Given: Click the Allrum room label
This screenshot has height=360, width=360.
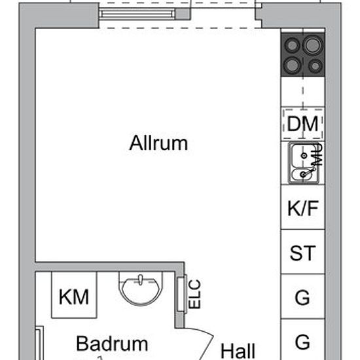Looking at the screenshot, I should pos(158,143).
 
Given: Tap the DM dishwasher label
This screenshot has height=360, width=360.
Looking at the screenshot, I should pos(302,123).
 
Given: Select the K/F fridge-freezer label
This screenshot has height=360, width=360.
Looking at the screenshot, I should pos(302,209).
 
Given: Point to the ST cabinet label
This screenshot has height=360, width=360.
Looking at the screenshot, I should pos(302,253).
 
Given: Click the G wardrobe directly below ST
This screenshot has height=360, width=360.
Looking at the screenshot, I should pos(302,298).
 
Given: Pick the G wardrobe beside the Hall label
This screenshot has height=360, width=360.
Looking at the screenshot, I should pos(302,342).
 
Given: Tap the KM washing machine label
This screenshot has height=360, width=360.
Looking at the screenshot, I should pos(74,298).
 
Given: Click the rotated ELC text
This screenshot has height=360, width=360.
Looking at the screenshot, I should pos(194,295).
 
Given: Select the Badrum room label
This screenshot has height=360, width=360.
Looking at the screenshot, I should pos(112,344).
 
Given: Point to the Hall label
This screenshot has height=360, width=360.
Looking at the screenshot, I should pos(238,350).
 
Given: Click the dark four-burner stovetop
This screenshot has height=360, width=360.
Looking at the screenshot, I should pos(303,54).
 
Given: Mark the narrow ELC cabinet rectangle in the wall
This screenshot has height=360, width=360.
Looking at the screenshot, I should pos(181,294).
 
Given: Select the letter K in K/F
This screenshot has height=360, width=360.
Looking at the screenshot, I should pos(293,209).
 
